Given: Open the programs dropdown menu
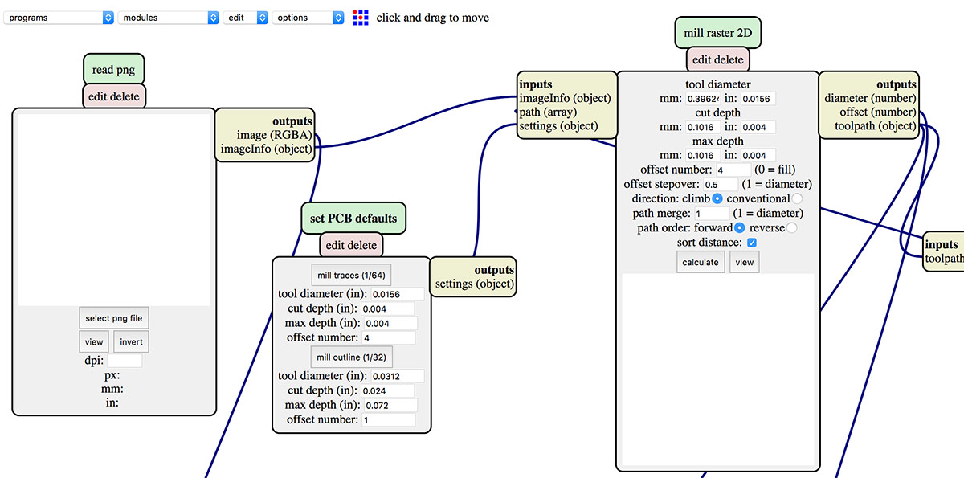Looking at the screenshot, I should point(59,18).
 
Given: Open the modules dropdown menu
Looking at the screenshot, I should point(168,18).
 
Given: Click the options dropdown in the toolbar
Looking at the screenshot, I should point(308,18).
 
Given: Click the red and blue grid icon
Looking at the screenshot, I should point(361,17).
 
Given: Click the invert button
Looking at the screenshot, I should point(131,342).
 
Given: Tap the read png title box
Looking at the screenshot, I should point(114,70).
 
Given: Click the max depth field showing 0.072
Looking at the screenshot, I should point(390,405).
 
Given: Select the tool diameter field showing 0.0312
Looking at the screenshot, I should point(397,376).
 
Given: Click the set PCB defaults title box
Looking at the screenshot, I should point(353,219).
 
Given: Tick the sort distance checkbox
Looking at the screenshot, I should point(751,243).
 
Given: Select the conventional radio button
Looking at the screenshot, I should point(796,198).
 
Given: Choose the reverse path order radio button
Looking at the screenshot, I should point(791,228).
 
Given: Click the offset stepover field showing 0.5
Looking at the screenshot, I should point(720,185).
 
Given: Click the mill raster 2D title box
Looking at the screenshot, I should point(717,34).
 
